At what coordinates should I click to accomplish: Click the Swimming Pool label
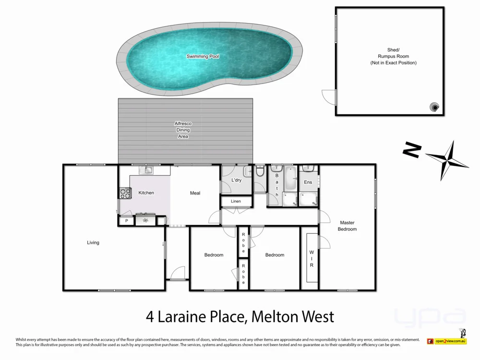pyautogui.click(x=203, y=56)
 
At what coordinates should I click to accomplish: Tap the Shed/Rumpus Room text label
pyautogui.click(x=393, y=56)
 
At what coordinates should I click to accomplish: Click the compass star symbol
pyautogui.click(x=447, y=159)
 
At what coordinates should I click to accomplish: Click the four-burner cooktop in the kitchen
pyautogui.click(x=125, y=193)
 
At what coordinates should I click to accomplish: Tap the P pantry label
pyautogui.click(x=127, y=221)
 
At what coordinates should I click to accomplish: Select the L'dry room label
pyautogui.click(x=236, y=180)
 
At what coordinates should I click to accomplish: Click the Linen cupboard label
pyautogui.click(x=236, y=201)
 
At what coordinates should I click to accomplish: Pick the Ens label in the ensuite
pyautogui.click(x=308, y=182)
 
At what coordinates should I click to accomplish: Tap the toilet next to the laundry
pyautogui.click(x=260, y=172)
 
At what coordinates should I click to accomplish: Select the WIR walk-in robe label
pyautogui.click(x=311, y=258)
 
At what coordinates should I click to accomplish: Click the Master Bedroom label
pyautogui.click(x=347, y=226)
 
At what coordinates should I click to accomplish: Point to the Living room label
pyautogui.click(x=93, y=242)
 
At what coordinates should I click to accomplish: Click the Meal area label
pyautogui.click(x=195, y=193)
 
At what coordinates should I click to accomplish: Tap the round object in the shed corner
pyautogui.click(x=435, y=107)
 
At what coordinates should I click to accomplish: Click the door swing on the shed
pyautogui.click(x=329, y=97)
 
